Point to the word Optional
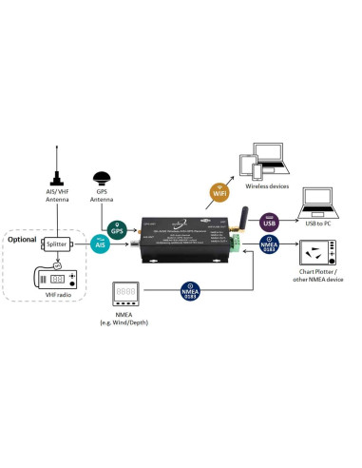click(22, 238)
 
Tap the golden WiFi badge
click(219, 193)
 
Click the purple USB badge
click(269, 224)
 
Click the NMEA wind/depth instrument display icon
click(126, 292)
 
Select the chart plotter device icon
click(315, 253)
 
